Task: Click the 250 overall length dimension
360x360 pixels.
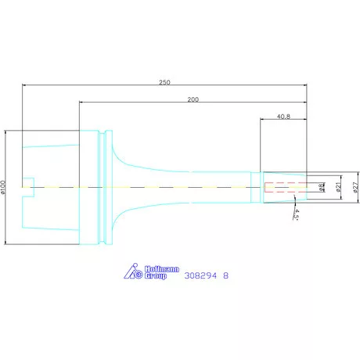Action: (x=164, y=82)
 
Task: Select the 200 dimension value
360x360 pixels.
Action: (x=193, y=99)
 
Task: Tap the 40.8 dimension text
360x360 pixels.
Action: (x=283, y=117)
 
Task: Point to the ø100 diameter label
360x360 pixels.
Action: (x=3, y=187)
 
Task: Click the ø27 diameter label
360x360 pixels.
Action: (x=356, y=187)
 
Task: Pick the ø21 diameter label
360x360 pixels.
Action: (x=338, y=187)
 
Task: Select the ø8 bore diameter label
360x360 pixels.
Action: (x=321, y=187)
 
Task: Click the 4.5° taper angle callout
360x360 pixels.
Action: (x=297, y=214)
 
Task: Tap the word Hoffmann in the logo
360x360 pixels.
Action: (x=162, y=269)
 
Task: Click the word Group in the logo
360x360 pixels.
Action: (x=156, y=276)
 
